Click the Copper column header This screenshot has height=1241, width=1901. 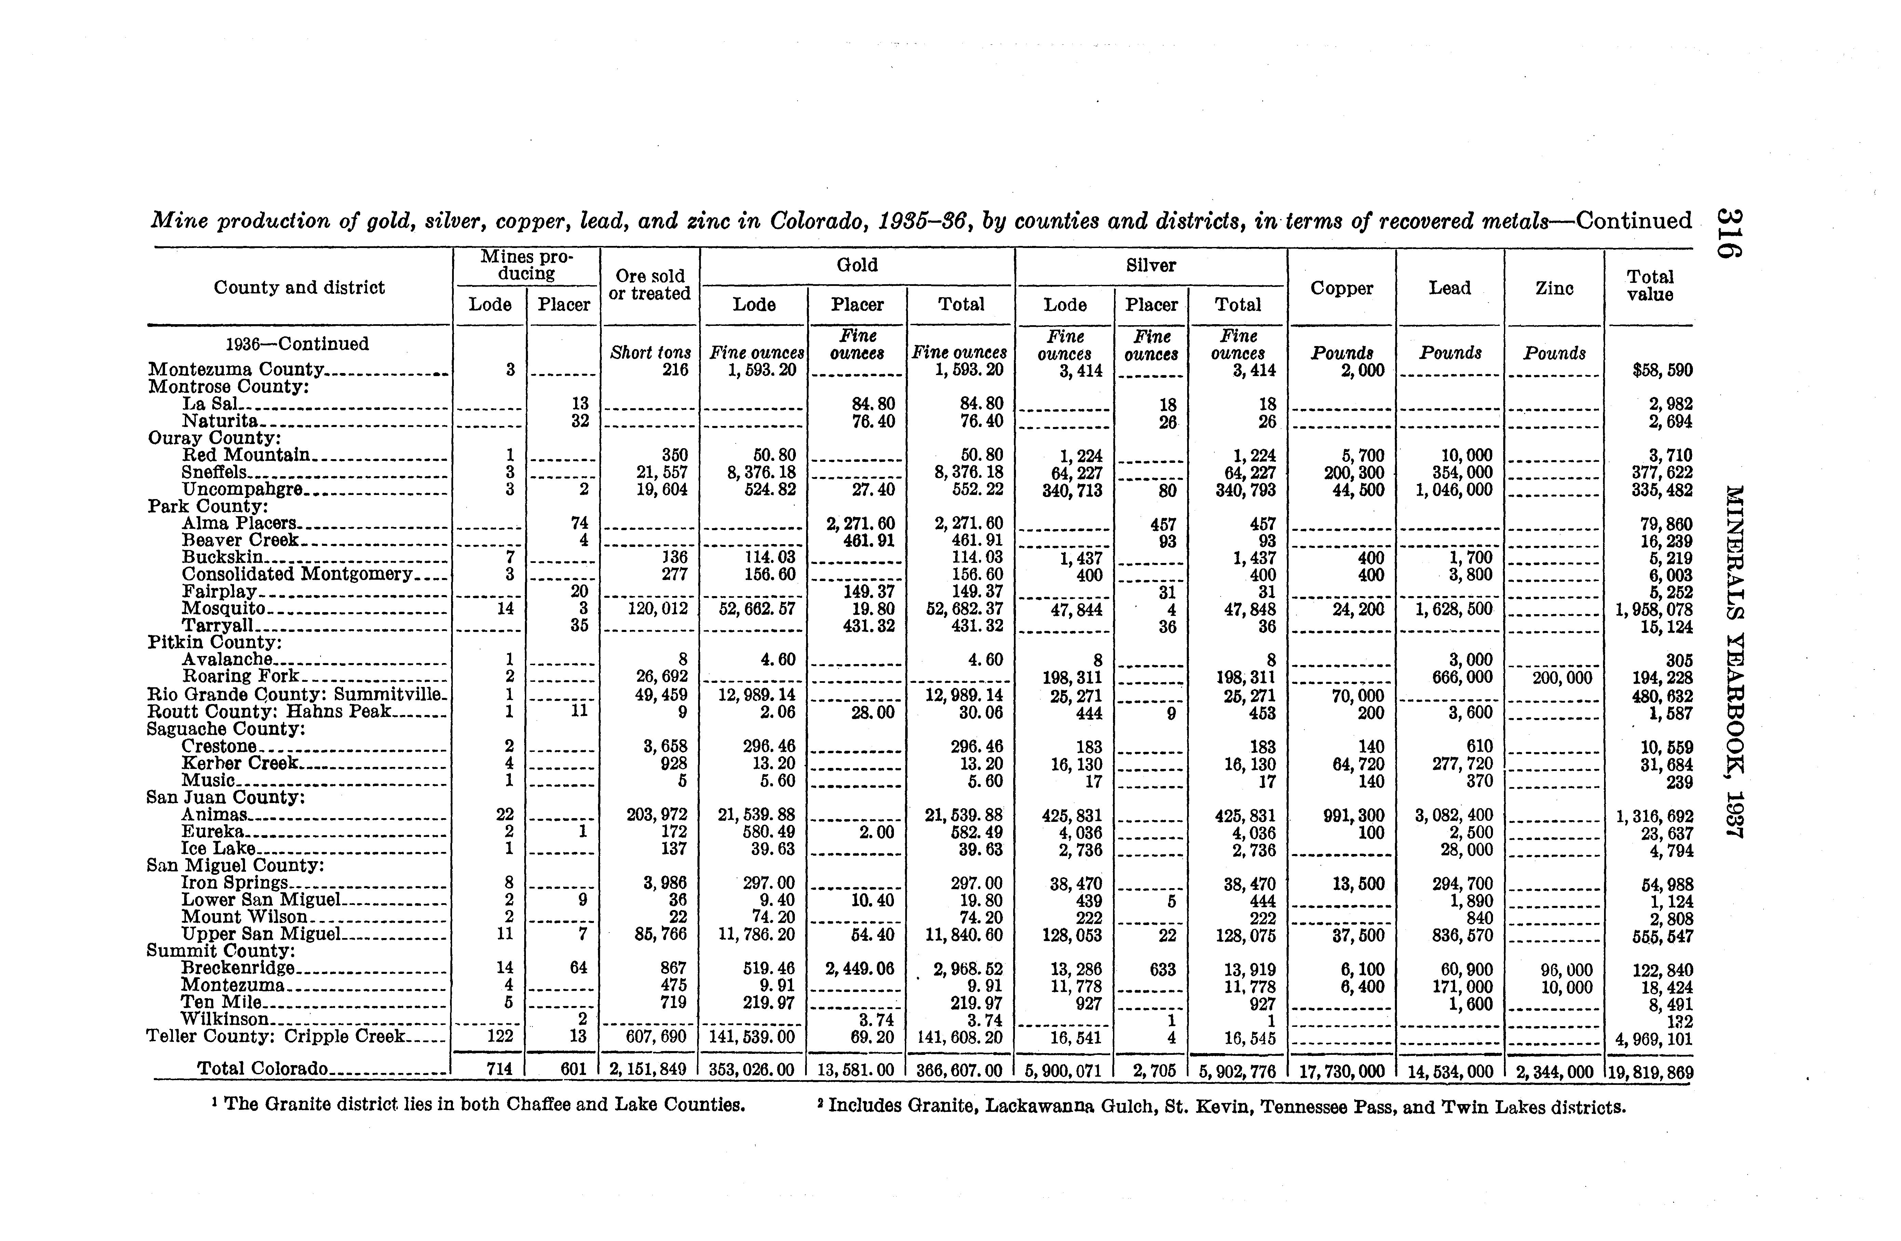(1342, 288)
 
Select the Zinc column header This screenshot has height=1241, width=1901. (1554, 288)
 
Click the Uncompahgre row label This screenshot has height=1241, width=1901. (242, 489)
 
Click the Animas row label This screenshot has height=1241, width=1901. (214, 815)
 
